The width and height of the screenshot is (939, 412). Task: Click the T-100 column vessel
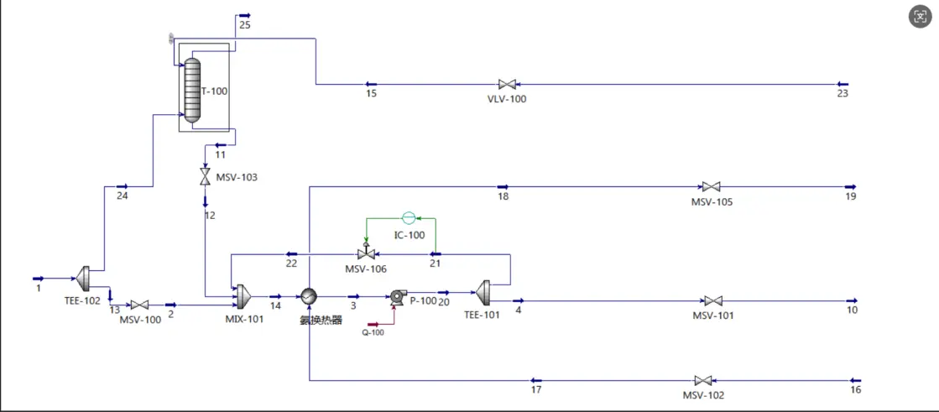click(x=192, y=90)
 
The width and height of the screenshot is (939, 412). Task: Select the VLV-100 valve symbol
click(x=507, y=84)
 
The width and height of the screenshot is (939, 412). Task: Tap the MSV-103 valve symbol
click(x=205, y=177)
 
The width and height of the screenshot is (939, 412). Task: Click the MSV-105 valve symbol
click(x=711, y=186)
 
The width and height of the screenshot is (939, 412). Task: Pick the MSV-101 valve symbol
click(x=713, y=300)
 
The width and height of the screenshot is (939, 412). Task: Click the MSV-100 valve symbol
click(x=140, y=305)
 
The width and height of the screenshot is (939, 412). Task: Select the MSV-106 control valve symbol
click(x=365, y=253)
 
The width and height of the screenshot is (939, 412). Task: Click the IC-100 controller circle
click(x=409, y=218)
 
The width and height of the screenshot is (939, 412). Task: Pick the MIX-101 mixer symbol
click(x=243, y=295)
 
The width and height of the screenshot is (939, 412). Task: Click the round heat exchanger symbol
click(x=310, y=296)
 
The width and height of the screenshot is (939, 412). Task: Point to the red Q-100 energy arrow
click(x=383, y=323)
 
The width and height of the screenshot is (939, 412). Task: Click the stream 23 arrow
click(x=842, y=84)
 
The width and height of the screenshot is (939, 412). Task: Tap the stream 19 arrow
click(x=849, y=186)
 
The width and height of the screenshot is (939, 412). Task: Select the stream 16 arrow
click(x=855, y=380)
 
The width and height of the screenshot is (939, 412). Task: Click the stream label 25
click(x=244, y=25)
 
